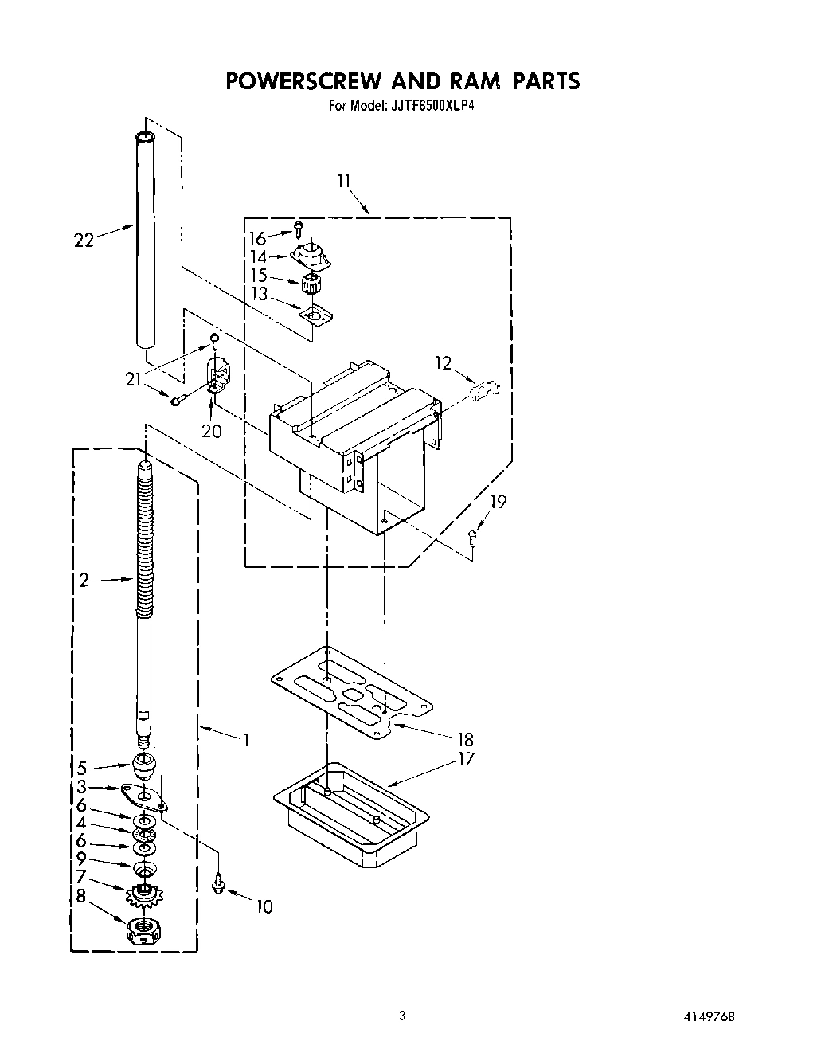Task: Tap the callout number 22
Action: (83, 240)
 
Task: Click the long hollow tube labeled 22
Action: (145, 239)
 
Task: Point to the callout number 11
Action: (343, 182)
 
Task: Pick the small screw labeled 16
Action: (298, 230)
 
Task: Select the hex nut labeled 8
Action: (141, 929)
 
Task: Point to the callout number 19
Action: (498, 503)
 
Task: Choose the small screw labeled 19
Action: (472, 538)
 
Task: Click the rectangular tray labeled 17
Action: (350, 812)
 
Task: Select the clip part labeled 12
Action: (483, 391)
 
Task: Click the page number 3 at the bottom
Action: (402, 1016)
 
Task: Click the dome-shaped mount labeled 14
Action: (311, 256)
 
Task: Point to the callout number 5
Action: (81, 769)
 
